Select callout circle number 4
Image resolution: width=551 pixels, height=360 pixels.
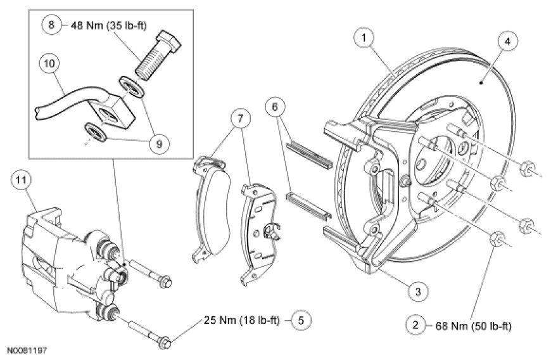(x=507, y=42)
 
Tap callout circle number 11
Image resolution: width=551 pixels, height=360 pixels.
(x=21, y=181)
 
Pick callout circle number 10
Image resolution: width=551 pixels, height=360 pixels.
(x=49, y=63)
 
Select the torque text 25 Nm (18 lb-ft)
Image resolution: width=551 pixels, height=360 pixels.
(x=243, y=319)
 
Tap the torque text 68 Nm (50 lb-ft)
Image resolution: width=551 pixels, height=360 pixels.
(x=473, y=326)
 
